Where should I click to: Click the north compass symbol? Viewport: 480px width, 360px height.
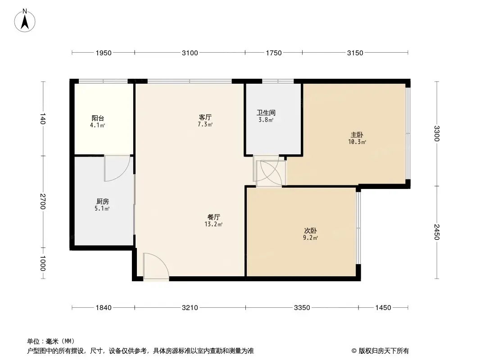pos(25,20)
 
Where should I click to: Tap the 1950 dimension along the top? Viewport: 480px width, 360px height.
pos(103,53)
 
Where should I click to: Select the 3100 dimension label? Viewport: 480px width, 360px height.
pos(190,53)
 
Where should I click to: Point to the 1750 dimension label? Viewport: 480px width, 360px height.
pos(273,53)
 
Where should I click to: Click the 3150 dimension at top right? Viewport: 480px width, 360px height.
pos(355,53)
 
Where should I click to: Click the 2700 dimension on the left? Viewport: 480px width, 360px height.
pos(43,202)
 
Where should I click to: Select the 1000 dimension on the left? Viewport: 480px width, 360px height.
pos(43,264)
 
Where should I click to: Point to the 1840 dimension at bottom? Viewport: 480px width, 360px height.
pos(103,308)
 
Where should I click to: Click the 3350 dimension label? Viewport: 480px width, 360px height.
pos(302,308)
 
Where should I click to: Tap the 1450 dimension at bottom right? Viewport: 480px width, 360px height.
pos(383,308)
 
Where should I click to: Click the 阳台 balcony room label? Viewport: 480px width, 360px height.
pos(97,119)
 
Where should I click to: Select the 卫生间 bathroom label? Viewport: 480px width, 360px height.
pos(266,113)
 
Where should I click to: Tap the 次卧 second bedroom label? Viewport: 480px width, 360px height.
pos(310,231)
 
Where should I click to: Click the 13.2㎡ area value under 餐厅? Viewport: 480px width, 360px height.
pos(214,224)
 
